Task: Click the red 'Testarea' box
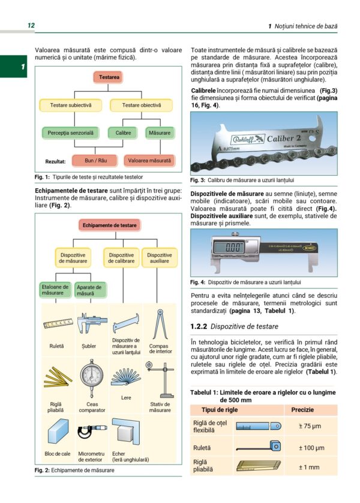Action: [x=109, y=78]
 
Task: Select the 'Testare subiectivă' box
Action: [x=71, y=106]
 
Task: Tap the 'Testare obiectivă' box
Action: [x=142, y=106]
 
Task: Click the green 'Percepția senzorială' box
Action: [x=71, y=133]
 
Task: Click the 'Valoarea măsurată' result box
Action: [x=149, y=161]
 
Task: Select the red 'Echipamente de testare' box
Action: [x=109, y=225]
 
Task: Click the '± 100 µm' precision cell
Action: [x=311, y=448]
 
